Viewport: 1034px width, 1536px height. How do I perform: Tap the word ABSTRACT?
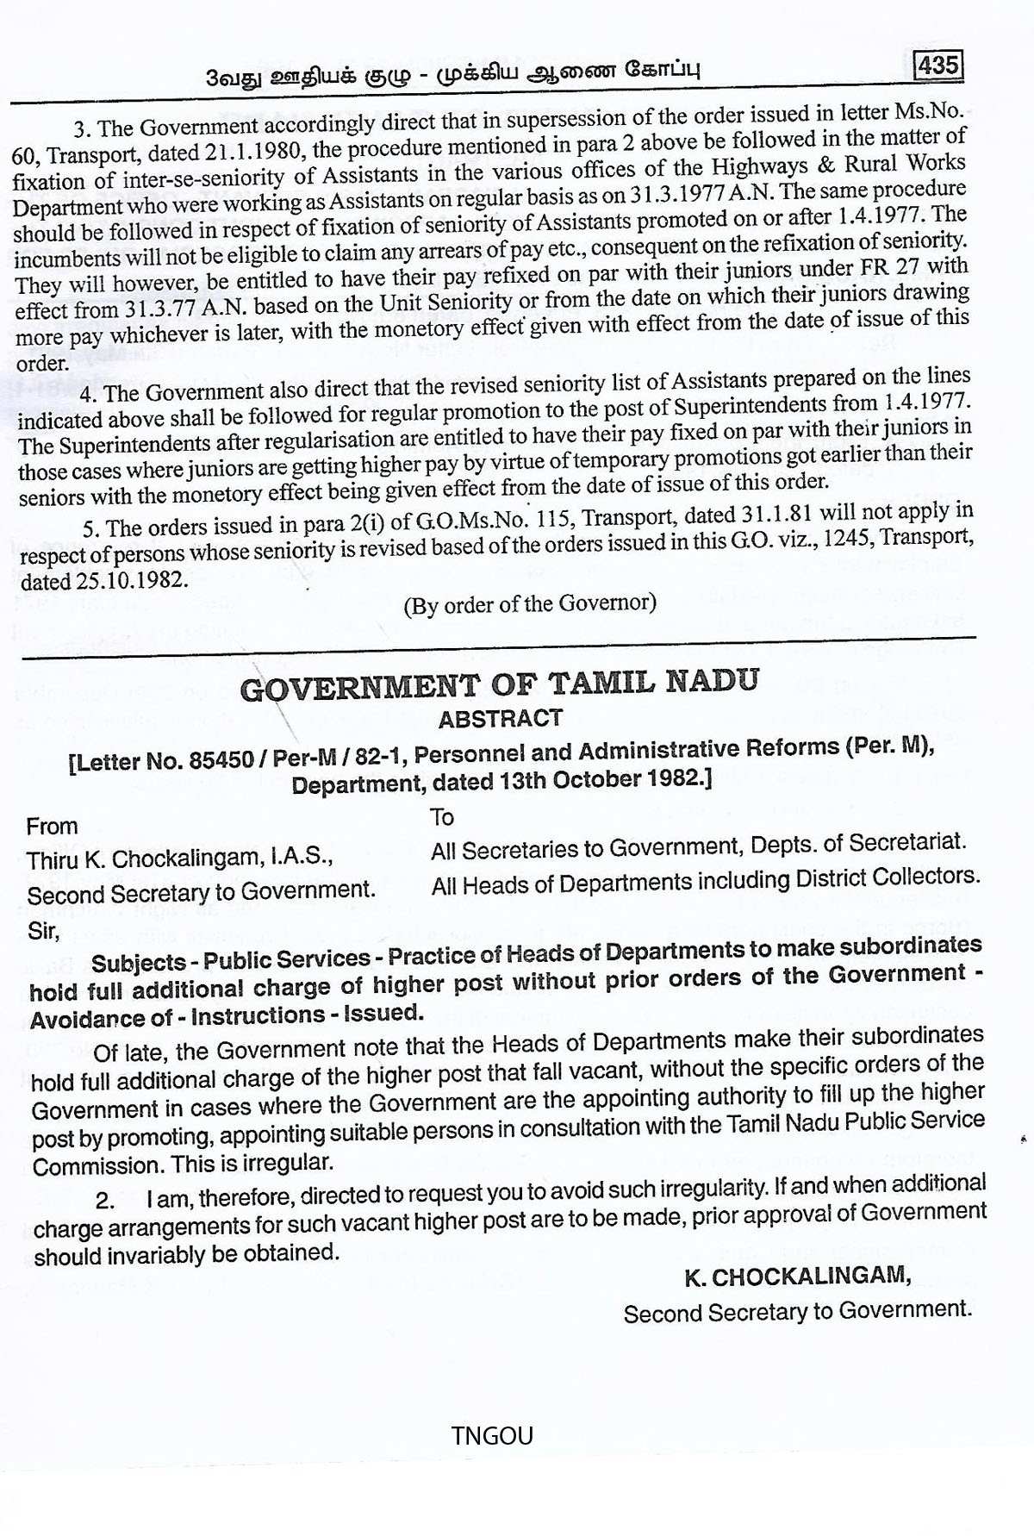[500, 718]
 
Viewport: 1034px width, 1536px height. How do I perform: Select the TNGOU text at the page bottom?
[492, 1434]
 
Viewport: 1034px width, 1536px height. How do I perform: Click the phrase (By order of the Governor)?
[529, 603]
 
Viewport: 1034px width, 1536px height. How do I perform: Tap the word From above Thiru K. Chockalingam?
[52, 826]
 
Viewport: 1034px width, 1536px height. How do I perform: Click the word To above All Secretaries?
[442, 816]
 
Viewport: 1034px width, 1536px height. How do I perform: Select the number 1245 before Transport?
[863, 536]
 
